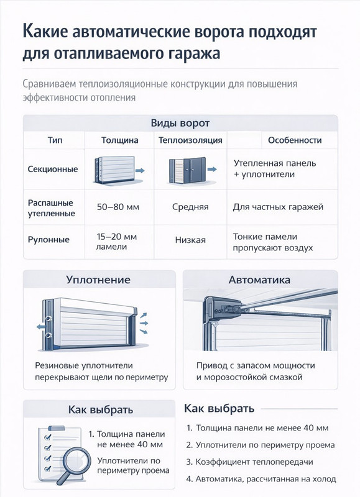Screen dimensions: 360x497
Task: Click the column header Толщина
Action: tap(119, 140)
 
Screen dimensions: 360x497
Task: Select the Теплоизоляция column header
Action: tap(190, 140)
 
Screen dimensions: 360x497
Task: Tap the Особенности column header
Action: tap(295, 140)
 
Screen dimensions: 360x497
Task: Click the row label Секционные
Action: tap(53, 169)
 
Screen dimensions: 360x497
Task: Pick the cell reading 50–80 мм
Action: tap(119, 207)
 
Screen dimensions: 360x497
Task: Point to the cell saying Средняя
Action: tap(190, 207)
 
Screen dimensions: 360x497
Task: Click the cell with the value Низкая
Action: tap(190, 240)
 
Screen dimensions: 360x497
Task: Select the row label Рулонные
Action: tap(49, 240)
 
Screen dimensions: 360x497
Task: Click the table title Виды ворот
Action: tap(180, 123)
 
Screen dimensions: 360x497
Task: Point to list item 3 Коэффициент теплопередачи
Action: tap(249, 462)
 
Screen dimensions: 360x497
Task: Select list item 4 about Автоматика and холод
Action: tap(261, 479)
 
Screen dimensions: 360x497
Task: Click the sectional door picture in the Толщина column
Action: tap(114, 169)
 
